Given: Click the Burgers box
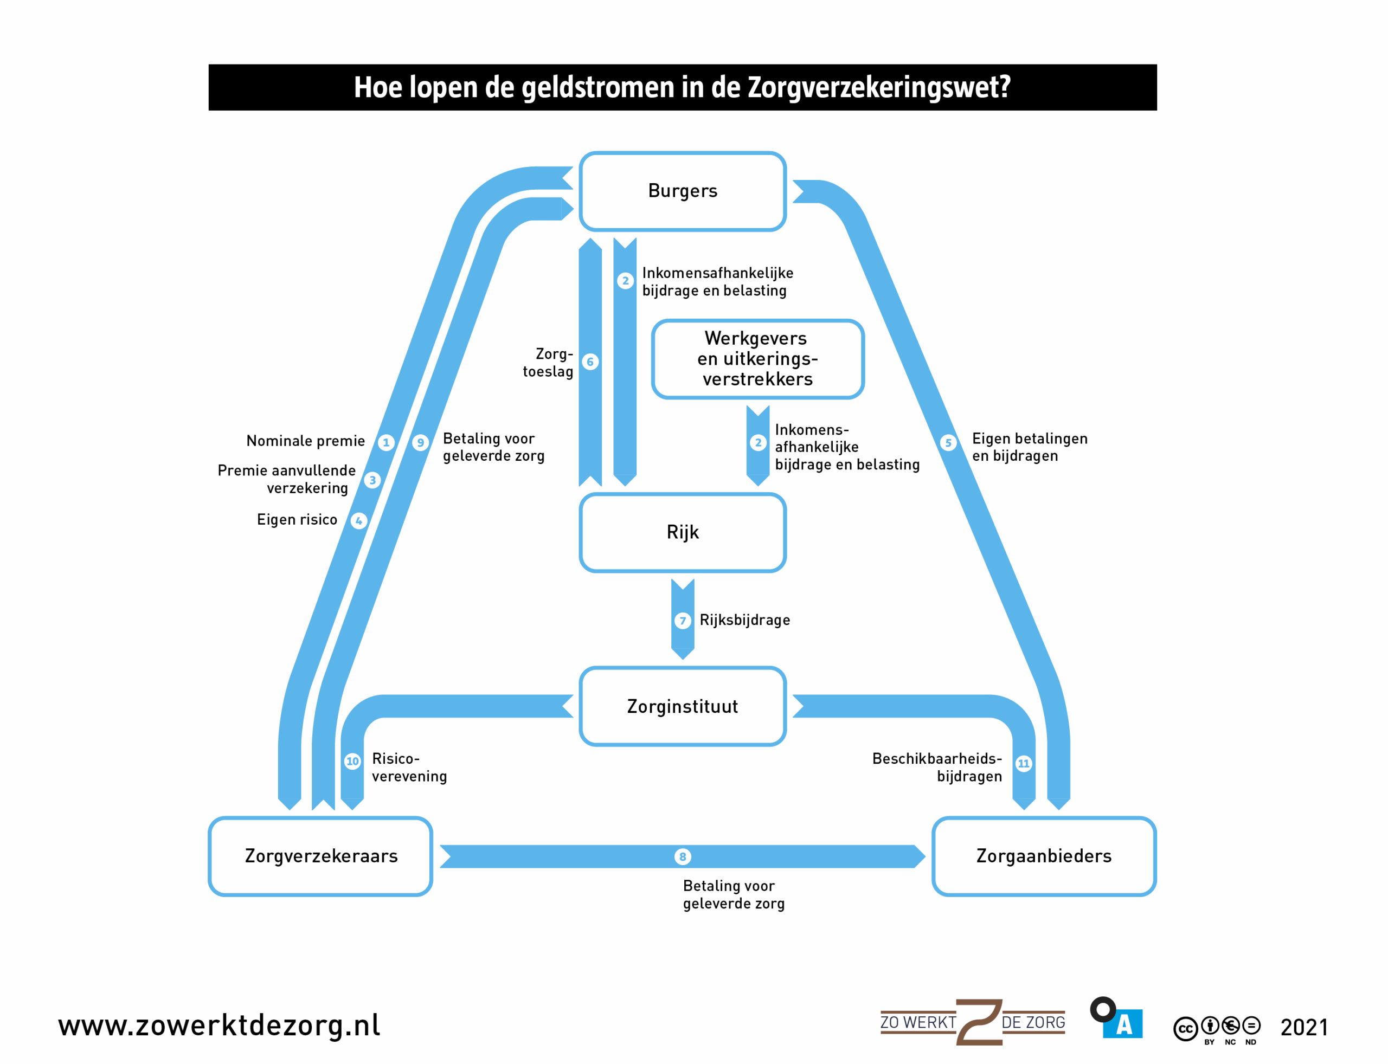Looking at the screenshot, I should click(682, 191).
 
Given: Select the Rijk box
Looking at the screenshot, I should click(682, 533).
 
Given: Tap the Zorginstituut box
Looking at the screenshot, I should click(682, 706).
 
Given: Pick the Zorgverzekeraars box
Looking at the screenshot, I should click(320, 856).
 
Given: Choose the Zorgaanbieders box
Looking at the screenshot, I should click(1043, 856).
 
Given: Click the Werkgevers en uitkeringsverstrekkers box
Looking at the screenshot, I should click(757, 359).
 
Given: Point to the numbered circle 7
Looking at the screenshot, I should click(682, 621).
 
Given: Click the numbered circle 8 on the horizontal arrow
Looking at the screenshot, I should click(682, 857).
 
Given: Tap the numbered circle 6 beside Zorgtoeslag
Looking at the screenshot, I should click(590, 362).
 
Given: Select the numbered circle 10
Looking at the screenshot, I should click(352, 761).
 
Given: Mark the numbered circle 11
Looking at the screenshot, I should click(1024, 764).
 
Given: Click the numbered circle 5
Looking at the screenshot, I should click(948, 443).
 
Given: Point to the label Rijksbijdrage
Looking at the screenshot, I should click(744, 620).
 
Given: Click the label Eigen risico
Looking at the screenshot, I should click(297, 520).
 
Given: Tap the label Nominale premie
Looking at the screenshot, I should click(305, 441).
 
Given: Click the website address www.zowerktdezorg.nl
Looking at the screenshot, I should click(219, 1026).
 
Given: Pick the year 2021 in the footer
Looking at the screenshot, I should click(1304, 1027).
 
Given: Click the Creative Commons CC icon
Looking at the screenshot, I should click(1185, 1029).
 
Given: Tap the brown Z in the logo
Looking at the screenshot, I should click(979, 1022).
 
